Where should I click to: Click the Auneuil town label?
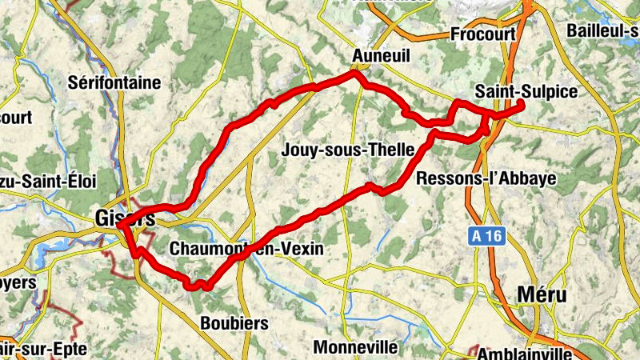point(380,57)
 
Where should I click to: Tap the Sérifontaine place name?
point(114,82)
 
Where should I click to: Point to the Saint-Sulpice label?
point(526,91)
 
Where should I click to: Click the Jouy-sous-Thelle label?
point(348,150)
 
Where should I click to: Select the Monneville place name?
point(355,347)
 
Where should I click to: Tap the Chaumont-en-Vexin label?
point(246,250)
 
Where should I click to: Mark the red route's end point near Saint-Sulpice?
point(521,104)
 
